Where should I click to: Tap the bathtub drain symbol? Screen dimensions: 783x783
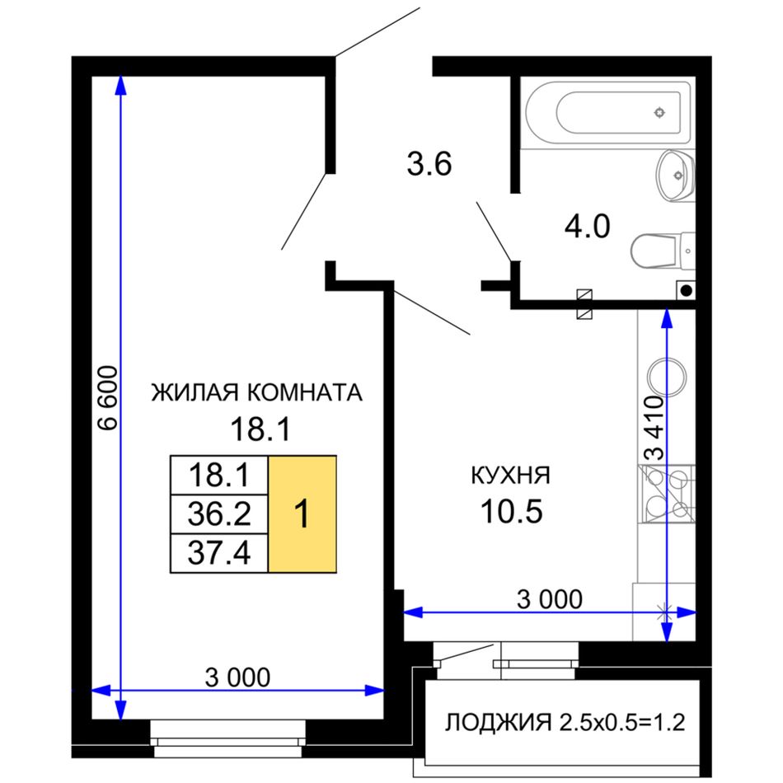click(x=659, y=112)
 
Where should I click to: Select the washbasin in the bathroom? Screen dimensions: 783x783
click(x=675, y=176)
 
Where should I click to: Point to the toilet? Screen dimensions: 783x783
click(x=663, y=251)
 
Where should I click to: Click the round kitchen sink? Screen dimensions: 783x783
click(x=667, y=377)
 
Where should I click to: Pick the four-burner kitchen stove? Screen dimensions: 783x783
click(x=667, y=494)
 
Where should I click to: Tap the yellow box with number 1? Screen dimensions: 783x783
click(x=302, y=513)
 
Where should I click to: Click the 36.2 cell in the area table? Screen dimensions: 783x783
click(x=219, y=513)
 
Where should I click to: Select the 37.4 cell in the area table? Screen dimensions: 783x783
click(x=219, y=553)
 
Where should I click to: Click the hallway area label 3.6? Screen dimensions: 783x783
click(x=429, y=164)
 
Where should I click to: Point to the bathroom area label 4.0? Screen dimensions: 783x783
click(x=587, y=226)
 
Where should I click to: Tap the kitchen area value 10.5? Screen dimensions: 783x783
click(x=511, y=512)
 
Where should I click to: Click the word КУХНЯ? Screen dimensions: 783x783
click(x=510, y=476)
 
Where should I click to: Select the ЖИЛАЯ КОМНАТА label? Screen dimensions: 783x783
click(x=256, y=392)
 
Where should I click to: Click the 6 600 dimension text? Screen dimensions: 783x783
click(x=108, y=398)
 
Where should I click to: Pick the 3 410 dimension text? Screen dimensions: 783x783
click(x=654, y=428)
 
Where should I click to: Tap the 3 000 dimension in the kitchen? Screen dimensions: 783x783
click(x=549, y=599)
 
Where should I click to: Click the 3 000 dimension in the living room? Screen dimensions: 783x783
click(x=237, y=678)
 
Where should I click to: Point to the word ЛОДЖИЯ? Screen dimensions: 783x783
click(x=499, y=722)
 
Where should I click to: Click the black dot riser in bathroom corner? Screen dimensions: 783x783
click(x=687, y=289)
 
